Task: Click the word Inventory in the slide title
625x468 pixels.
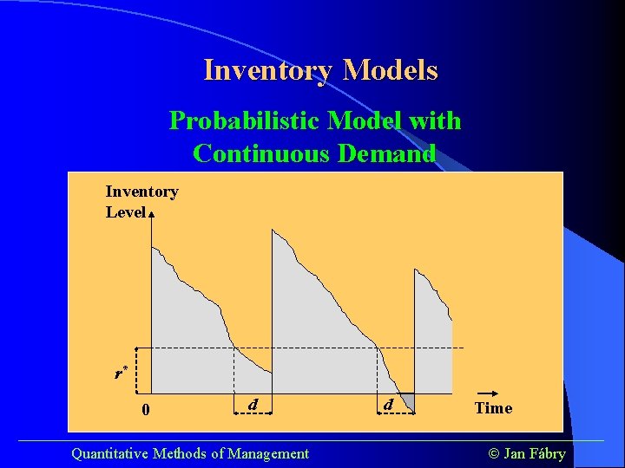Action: click(268, 70)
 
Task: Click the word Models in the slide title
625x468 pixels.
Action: click(390, 70)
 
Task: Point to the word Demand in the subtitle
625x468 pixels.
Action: click(383, 153)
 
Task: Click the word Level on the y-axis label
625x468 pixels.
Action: click(125, 212)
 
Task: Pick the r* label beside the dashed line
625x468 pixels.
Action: click(121, 374)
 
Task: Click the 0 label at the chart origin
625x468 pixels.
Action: click(146, 409)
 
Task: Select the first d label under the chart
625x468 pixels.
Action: click(252, 405)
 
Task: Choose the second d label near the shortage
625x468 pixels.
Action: click(388, 405)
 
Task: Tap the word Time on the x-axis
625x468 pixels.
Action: click(493, 408)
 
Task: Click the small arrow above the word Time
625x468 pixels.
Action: click(490, 393)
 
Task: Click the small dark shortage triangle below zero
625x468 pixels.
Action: click(404, 401)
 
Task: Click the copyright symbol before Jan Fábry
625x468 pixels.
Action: click(494, 453)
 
